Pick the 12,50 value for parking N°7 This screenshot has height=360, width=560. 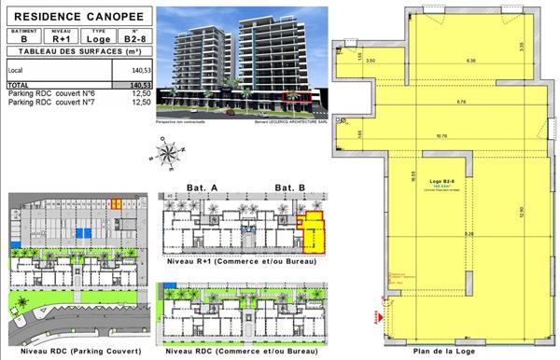coord(141,102)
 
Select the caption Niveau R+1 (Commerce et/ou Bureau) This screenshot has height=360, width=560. coord(240,263)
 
